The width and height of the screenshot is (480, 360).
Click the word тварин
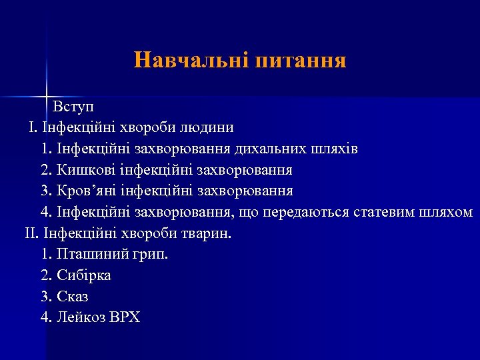(x=207, y=234)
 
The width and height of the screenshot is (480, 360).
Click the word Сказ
(x=73, y=297)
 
